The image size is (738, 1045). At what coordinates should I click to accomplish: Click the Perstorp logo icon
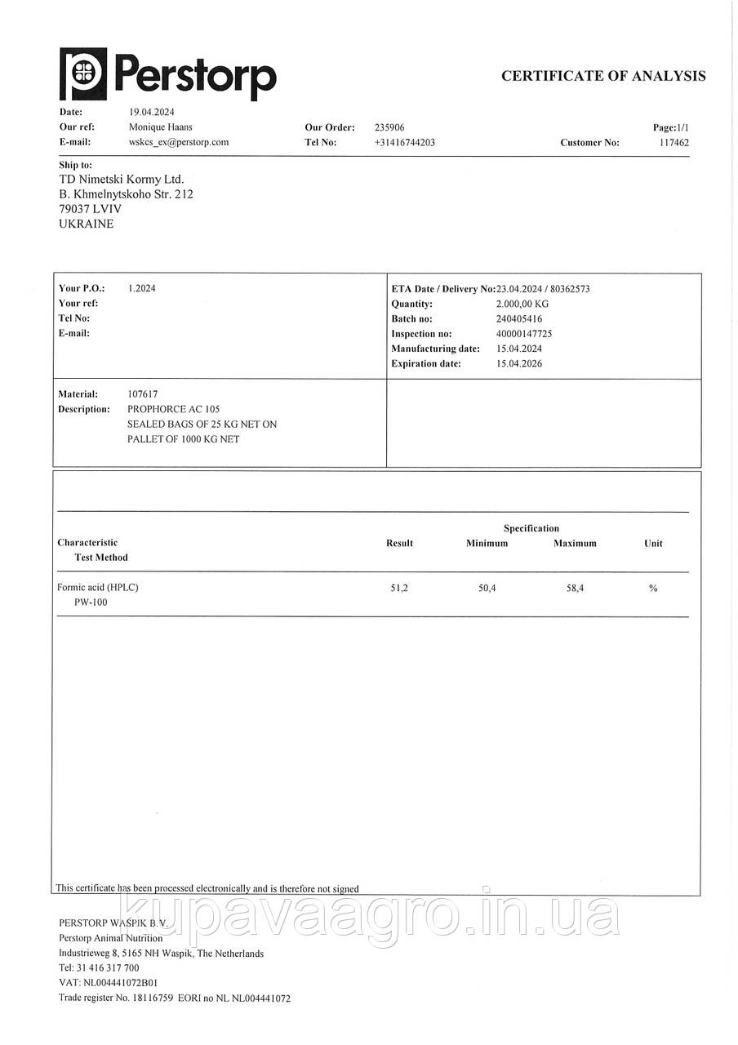coord(82,73)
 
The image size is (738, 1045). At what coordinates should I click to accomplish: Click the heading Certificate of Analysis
coord(603,76)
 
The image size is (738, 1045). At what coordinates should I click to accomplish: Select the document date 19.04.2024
coord(152,112)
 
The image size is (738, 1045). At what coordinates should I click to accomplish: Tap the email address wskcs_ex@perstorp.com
coord(179,142)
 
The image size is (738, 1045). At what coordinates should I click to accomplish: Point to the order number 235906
coord(389,127)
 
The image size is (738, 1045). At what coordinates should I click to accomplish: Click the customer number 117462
coord(674,143)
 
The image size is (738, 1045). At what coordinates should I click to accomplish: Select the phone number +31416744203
coord(405,142)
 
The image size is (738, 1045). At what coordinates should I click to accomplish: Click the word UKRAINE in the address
coord(87,224)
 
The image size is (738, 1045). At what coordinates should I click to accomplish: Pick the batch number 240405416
coord(519,319)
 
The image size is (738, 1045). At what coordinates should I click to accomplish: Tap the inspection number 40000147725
coord(524,334)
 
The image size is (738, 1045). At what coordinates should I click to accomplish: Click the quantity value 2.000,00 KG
coord(522,304)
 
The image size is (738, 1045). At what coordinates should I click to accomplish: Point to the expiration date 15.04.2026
coord(519,364)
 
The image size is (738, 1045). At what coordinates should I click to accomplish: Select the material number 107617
coord(144,394)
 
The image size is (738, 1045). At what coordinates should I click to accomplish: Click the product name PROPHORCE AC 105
coord(173,409)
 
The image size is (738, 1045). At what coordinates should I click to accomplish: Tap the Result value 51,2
coord(399,588)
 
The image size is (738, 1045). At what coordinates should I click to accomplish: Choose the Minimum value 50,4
coord(487,588)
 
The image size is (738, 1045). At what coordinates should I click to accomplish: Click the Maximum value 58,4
coord(575,588)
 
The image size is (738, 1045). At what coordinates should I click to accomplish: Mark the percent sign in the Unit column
coord(653,588)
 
